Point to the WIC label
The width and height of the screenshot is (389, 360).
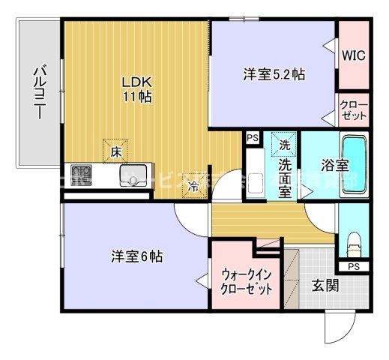(353, 55)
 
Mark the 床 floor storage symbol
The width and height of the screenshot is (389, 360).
(116, 151)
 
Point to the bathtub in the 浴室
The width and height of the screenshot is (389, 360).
(355, 165)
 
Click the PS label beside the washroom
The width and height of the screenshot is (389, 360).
(251, 138)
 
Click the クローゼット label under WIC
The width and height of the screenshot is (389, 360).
(353, 110)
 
